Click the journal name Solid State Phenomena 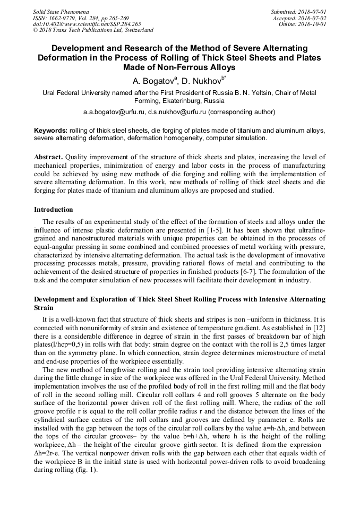[x=61, y=12]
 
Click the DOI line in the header [x=87, y=24]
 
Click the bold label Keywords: [x=50, y=131]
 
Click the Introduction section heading [x=54, y=210]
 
